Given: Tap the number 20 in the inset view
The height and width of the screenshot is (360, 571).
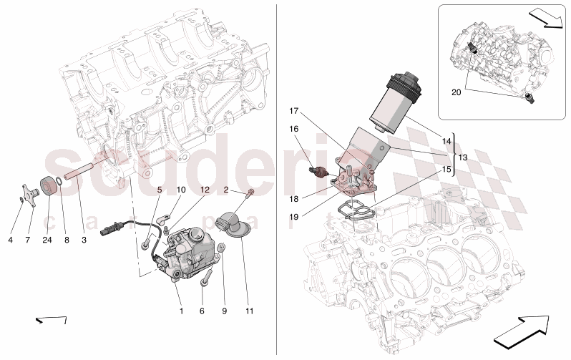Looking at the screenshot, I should [457, 92].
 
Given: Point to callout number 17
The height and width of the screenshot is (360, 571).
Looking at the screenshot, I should [293, 111].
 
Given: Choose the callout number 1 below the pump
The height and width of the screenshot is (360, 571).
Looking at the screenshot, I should [181, 311].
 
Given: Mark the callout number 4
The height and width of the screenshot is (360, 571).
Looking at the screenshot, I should [11, 240].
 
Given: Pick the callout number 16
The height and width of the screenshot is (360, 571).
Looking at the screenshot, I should [293, 129].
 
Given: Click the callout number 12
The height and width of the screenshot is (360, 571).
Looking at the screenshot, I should [204, 190].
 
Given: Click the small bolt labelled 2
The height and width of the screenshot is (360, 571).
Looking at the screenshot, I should [250, 193].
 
